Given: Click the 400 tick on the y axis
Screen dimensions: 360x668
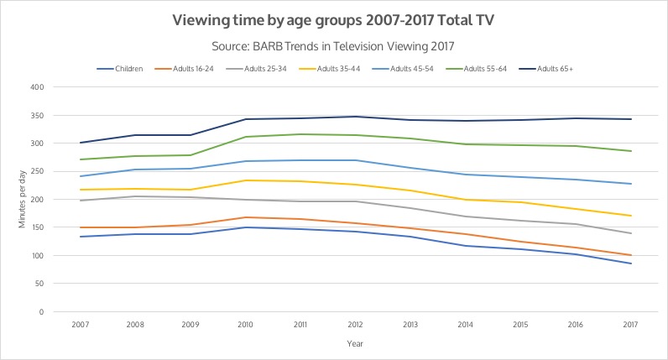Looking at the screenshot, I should tap(37, 87).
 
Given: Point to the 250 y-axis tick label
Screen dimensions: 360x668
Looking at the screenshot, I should tap(37, 171).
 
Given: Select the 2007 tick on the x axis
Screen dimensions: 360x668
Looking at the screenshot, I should tap(81, 325).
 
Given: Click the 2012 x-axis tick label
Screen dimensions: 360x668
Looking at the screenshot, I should tap(356, 325).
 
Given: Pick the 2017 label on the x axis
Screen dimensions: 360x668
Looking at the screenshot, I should tap(631, 325).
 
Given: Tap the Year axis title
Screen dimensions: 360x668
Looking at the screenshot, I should tap(355, 343).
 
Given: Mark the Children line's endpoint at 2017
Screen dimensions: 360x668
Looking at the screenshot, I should tap(631, 263).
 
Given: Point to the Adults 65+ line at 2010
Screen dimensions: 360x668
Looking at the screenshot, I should tap(246, 119).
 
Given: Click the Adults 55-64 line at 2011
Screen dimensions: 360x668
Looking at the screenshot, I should tap(300, 134).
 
